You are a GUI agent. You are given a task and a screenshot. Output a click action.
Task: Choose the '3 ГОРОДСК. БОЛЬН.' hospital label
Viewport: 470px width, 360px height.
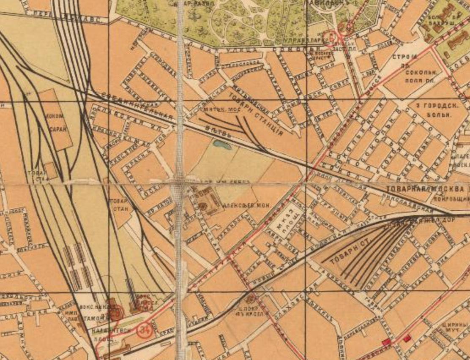435,108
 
